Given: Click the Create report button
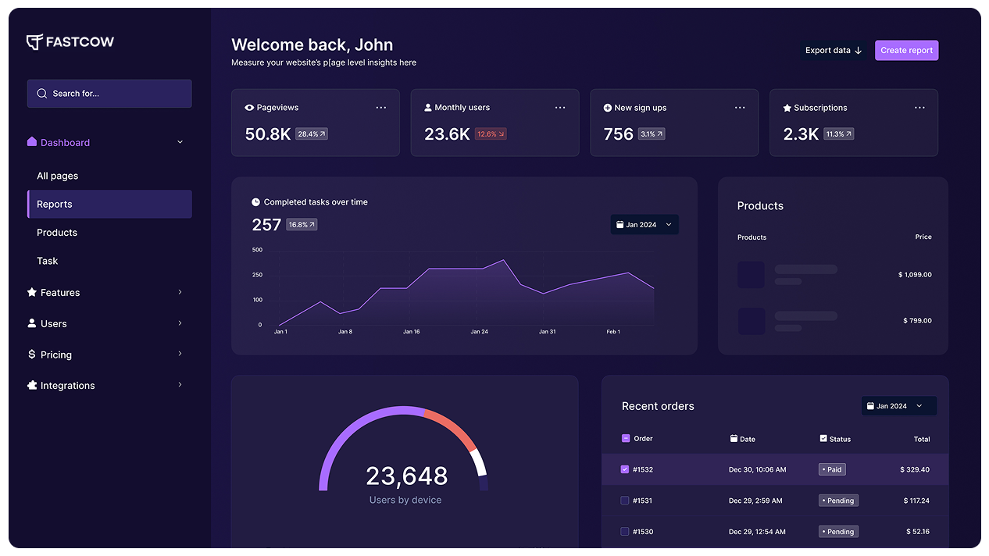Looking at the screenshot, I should (x=906, y=50).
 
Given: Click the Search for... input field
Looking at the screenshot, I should (x=109, y=94).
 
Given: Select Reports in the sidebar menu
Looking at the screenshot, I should (x=109, y=204).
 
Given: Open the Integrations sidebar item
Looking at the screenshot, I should (x=68, y=386).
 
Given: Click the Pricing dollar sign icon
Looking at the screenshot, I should (x=32, y=355).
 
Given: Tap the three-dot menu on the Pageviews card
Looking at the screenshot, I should (x=380, y=108).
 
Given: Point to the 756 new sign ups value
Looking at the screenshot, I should (x=618, y=134).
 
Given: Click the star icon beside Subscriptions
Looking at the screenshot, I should (x=787, y=108).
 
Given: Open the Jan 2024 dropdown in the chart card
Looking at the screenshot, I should (x=644, y=225).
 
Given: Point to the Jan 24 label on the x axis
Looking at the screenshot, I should (x=479, y=332).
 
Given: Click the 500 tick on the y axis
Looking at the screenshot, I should (x=257, y=250).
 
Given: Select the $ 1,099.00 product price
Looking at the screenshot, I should (x=915, y=275).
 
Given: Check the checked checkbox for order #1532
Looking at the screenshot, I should (x=625, y=469).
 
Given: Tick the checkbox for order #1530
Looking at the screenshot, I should (x=625, y=532).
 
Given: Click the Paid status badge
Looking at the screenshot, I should (x=832, y=469).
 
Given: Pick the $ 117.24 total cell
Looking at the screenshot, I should (x=915, y=501).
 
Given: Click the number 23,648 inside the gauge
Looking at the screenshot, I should (x=406, y=476).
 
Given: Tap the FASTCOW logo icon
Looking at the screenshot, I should (x=34, y=42).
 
